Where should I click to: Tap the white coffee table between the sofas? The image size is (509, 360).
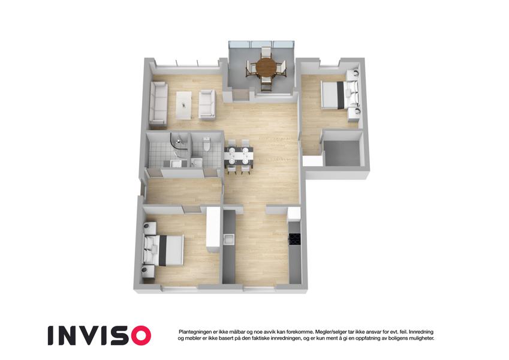click(183, 105)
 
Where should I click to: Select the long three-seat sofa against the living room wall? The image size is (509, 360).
click(158, 103)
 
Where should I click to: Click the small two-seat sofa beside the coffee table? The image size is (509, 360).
click(207, 104)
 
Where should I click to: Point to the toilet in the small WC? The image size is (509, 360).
click(206, 145)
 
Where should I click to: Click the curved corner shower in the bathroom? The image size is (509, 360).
click(179, 142)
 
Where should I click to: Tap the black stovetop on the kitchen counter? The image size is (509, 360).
click(295, 239)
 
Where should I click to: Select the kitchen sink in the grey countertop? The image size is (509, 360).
click(230, 239)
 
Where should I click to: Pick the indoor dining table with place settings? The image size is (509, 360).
click(239, 155)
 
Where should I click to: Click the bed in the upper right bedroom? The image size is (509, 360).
click(339, 94)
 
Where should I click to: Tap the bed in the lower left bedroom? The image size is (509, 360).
click(164, 250)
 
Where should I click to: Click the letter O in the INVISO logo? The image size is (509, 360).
click(139, 335)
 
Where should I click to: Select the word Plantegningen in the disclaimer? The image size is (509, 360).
click(194, 332)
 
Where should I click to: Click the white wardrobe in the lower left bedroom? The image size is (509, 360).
click(213, 229)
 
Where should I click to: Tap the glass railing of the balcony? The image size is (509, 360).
click(261, 44)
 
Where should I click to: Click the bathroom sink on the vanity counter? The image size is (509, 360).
click(176, 163)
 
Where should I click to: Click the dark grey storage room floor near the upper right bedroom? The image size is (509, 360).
click(342, 154)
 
